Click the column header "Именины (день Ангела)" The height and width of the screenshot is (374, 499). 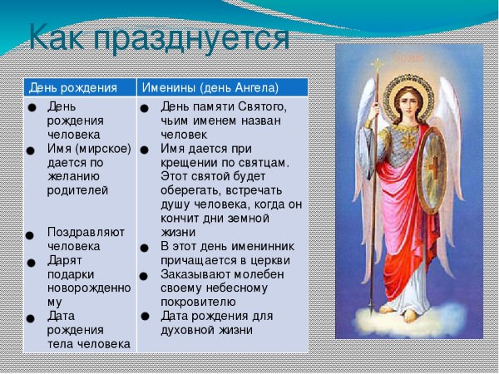pyautogui.click(x=210, y=87)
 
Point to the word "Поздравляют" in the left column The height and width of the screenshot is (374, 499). pyautogui.click(x=85, y=232)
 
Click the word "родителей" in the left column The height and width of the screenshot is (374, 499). pyautogui.click(x=78, y=189)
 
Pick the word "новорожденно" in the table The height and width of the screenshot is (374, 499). pyautogui.click(x=89, y=288)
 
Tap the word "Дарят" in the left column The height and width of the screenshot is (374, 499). pyautogui.click(x=64, y=260)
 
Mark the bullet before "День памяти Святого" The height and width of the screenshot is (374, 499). pyautogui.click(x=144, y=108)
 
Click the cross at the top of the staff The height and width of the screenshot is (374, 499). pyautogui.click(x=378, y=64)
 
